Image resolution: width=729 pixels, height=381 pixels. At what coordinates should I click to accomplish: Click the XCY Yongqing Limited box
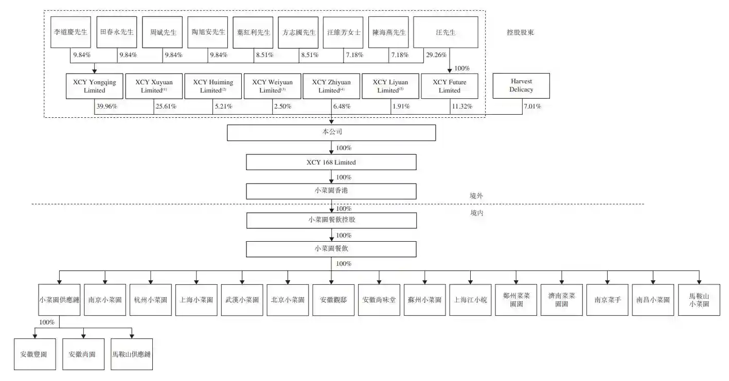click(94, 86)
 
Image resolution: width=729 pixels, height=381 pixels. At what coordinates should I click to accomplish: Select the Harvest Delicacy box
click(521, 85)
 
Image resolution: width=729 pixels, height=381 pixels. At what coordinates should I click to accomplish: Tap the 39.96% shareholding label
click(106, 106)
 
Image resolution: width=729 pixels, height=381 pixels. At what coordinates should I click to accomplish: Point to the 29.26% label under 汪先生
click(436, 55)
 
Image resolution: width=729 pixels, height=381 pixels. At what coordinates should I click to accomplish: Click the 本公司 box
click(331, 133)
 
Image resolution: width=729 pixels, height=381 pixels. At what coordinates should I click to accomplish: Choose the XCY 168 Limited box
click(331, 162)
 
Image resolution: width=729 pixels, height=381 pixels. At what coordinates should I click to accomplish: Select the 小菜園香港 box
click(331, 191)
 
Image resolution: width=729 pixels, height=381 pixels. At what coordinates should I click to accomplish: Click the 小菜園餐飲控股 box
click(331, 220)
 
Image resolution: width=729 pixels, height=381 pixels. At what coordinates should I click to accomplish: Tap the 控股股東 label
click(520, 32)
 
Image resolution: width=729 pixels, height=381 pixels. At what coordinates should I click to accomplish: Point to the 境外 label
click(476, 196)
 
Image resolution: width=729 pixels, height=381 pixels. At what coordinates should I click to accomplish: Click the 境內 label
click(477, 213)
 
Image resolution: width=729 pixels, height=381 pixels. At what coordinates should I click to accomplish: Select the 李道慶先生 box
click(70, 32)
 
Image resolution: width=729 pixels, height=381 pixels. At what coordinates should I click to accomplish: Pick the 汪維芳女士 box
click(343, 32)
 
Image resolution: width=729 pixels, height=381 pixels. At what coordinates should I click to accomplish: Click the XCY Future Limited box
click(450, 86)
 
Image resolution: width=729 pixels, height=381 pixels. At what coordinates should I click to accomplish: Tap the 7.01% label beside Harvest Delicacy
click(532, 106)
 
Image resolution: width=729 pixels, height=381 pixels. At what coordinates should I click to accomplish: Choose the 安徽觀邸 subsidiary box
click(333, 300)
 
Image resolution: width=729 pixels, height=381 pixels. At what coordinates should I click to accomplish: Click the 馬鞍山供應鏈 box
click(132, 354)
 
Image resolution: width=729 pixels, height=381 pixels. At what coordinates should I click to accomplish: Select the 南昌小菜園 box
click(653, 300)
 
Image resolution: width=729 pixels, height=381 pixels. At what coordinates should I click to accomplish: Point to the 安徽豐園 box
click(35, 354)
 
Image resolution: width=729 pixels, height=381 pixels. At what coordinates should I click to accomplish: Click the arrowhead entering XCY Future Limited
click(450, 70)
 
